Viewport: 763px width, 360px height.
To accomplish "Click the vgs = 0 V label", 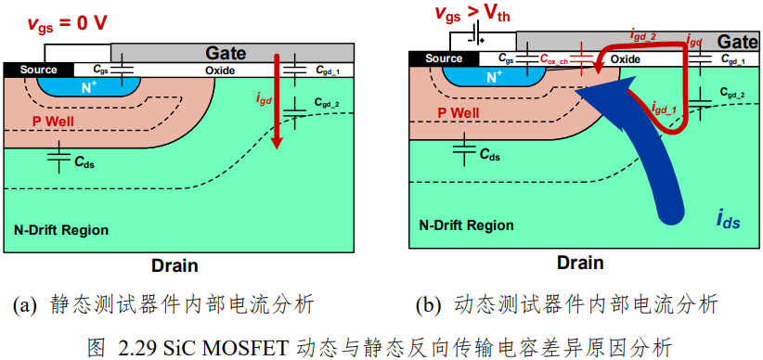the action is tap(66, 23).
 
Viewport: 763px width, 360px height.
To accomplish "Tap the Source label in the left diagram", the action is tap(38, 71).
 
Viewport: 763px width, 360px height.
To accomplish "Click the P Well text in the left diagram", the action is tap(53, 122).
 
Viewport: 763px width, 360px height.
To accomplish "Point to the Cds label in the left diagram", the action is tap(84, 163).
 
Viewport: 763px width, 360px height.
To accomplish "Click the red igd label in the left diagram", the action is tap(264, 97).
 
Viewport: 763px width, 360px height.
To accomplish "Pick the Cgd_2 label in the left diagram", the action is tap(327, 103).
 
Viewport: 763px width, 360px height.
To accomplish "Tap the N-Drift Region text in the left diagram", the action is tap(59, 230).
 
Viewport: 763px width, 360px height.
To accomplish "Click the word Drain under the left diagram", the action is tap(175, 265).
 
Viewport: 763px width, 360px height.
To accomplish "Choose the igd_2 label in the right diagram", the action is tap(645, 35).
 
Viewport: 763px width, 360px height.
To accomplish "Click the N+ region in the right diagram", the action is tap(495, 76).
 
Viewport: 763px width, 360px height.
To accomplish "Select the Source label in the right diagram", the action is tap(444, 58).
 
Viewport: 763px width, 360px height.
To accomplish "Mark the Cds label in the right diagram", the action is tap(489, 155).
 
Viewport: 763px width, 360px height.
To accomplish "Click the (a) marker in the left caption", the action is tap(25, 305).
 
